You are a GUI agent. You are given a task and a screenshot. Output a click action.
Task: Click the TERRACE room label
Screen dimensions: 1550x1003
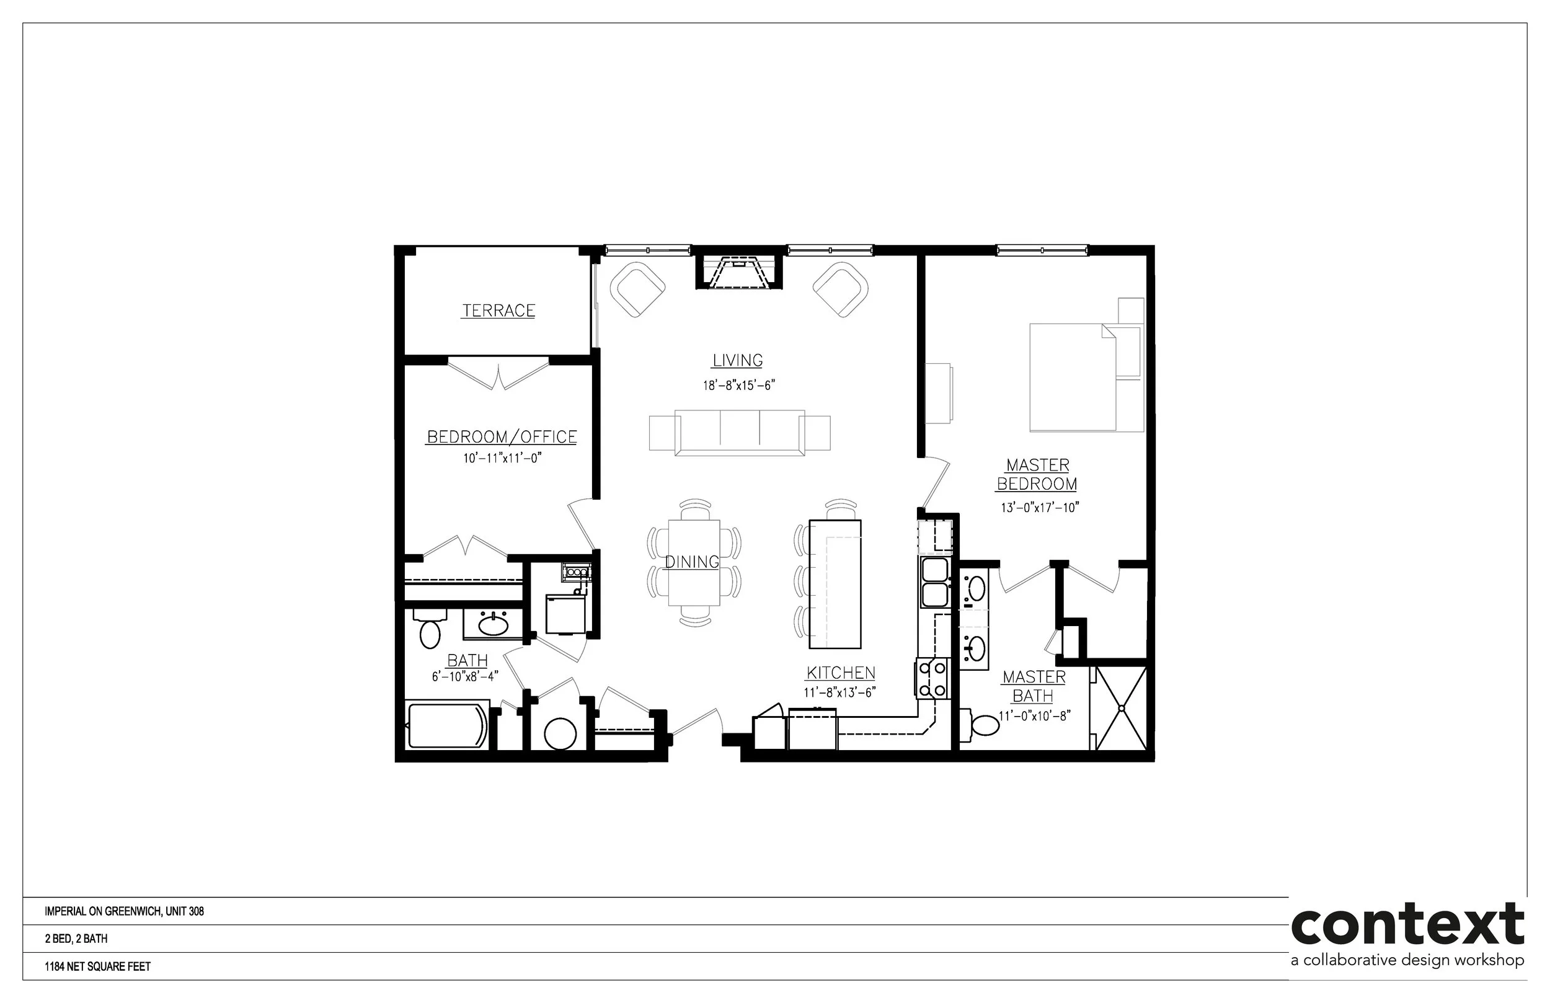click(x=498, y=311)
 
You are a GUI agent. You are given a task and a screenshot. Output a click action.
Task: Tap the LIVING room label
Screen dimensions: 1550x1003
click(x=737, y=360)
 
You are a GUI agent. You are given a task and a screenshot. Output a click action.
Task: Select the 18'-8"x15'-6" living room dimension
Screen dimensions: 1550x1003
click(x=738, y=386)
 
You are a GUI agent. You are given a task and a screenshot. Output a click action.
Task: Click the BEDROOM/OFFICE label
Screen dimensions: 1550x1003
click(x=502, y=436)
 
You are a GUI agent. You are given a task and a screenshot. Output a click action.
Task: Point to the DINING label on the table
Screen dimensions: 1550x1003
click(x=692, y=562)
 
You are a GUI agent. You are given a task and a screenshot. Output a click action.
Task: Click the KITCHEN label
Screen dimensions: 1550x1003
click(x=841, y=673)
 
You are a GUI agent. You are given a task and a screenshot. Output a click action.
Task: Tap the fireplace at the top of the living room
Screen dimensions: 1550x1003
click(x=738, y=271)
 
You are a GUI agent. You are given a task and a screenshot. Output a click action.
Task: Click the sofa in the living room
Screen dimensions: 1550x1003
click(x=740, y=433)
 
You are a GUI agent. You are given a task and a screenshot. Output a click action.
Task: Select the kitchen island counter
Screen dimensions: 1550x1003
click(x=835, y=583)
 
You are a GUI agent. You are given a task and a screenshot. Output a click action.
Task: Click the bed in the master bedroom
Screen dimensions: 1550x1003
click(x=1086, y=377)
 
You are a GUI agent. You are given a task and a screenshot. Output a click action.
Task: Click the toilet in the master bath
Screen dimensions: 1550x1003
click(x=980, y=723)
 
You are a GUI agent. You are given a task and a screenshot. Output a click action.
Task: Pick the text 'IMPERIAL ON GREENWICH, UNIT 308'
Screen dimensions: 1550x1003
click(x=125, y=911)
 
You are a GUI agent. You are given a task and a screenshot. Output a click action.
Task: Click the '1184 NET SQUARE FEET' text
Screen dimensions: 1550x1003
click(x=98, y=966)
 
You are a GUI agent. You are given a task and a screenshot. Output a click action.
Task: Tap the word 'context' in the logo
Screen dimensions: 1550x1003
click(x=1407, y=924)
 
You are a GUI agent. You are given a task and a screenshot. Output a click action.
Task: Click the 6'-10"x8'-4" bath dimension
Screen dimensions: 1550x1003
click(x=465, y=677)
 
